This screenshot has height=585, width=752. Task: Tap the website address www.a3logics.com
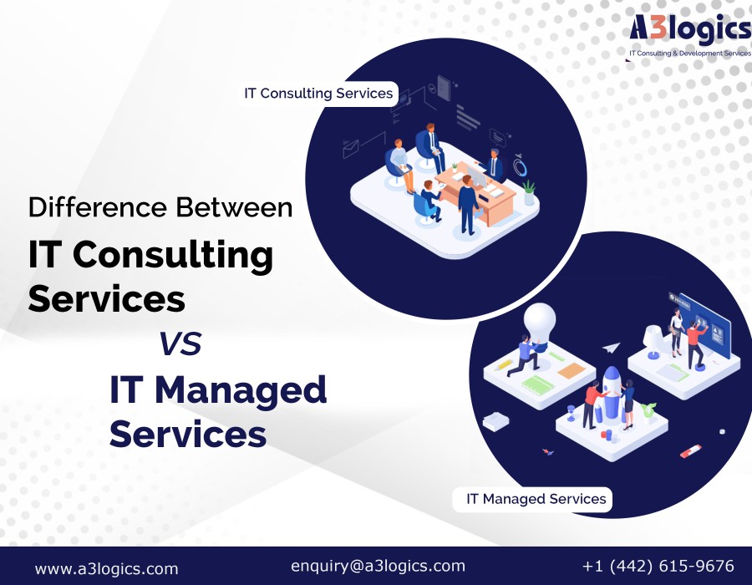coord(106,568)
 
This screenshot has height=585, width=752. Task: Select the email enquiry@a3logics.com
coord(378,566)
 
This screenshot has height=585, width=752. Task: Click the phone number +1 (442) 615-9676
coord(658,566)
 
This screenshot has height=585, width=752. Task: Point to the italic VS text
coord(180,343)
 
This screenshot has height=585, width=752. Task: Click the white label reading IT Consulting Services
coord(318,93)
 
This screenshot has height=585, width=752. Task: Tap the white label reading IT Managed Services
coord(533,499)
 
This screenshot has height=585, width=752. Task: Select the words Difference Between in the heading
coord(160,207)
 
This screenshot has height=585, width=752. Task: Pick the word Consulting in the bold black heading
coord(173,256)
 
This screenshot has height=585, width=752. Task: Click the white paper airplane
coord(612,347)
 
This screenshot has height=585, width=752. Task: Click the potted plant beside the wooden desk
coord(529,192)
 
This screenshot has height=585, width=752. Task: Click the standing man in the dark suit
coord(468,205)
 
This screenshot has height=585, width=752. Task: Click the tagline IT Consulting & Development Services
coord(690,53)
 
